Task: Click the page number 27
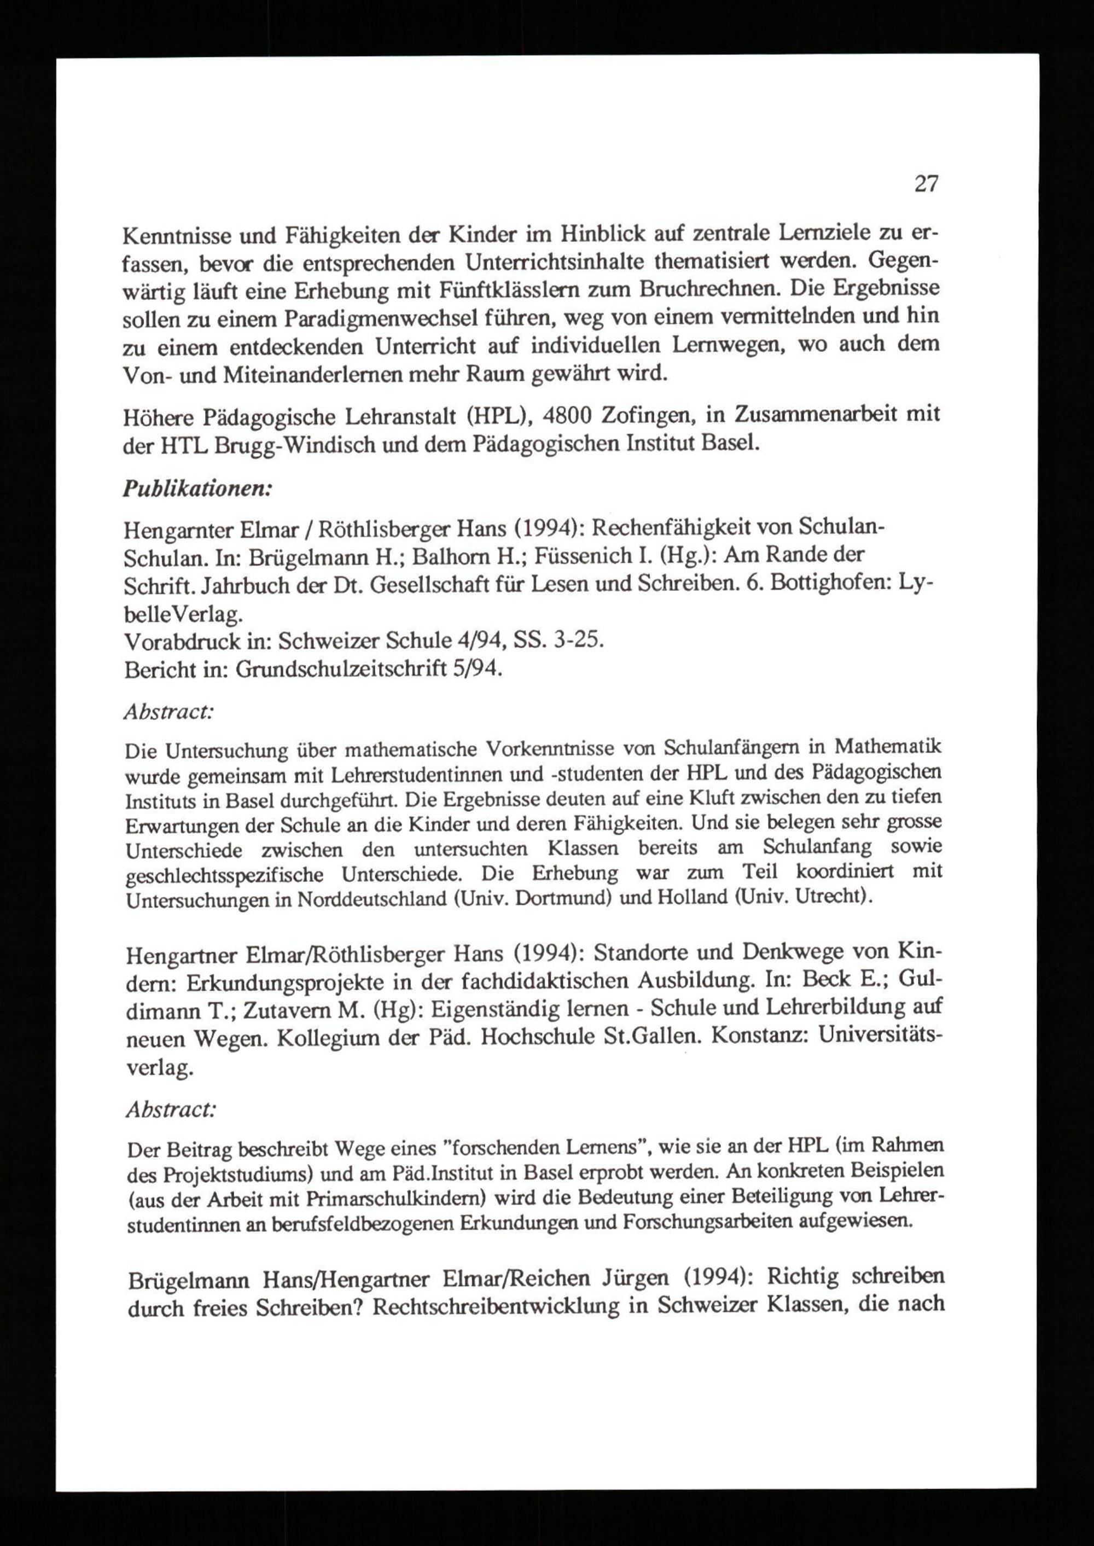tap(926, 183)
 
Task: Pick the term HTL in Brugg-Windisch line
tap(178, 445)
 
